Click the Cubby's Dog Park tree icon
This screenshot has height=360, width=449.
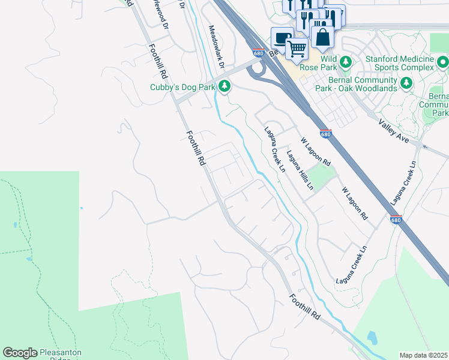[x=224, y=87]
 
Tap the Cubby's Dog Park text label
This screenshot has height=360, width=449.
[x=182, y=87]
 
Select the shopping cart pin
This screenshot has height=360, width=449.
[x=297, y=49]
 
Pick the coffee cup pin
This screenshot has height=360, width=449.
[x=280, y=37]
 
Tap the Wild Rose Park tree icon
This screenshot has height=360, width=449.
[x=345, y=61]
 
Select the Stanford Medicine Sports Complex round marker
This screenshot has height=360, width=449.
[x=443, y=62]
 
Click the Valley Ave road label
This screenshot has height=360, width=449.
[x=393, y=131]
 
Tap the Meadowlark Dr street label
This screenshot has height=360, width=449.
[x=216, y=46]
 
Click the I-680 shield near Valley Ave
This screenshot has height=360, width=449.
[x=325, y=134]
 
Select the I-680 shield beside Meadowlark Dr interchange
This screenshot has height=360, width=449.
[x=259, y=53]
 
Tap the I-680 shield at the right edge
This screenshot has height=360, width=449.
[x=395, y=220]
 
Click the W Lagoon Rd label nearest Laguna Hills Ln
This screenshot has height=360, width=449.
[x=316, y=152]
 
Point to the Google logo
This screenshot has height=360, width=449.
[x=20, y=353]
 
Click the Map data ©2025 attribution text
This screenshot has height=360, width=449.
[x=423, y=355]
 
